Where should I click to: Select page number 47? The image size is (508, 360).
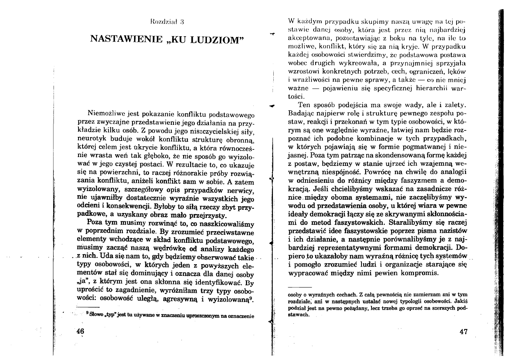(x=463, y=332)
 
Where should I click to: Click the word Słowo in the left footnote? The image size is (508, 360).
(x=98, y=316)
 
